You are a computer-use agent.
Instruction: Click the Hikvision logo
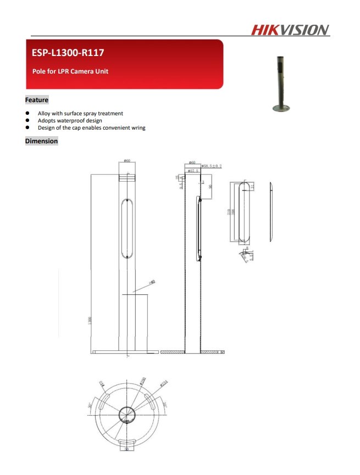pos(290,30)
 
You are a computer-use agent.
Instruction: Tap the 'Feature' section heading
pos(37,100)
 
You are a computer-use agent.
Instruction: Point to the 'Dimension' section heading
pos(41,141)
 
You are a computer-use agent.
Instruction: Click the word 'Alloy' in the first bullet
pos(45,114)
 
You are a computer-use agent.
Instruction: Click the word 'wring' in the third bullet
pos(138,127)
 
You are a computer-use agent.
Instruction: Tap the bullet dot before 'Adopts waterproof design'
pos(27,120)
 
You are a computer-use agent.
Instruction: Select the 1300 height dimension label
pos(90,321)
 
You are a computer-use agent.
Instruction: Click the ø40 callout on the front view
pos(152,282)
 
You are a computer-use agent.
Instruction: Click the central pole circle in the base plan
pos(127,415)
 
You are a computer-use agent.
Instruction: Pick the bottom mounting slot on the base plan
pos(127,443)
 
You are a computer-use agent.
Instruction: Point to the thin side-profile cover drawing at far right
pos(272,211)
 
